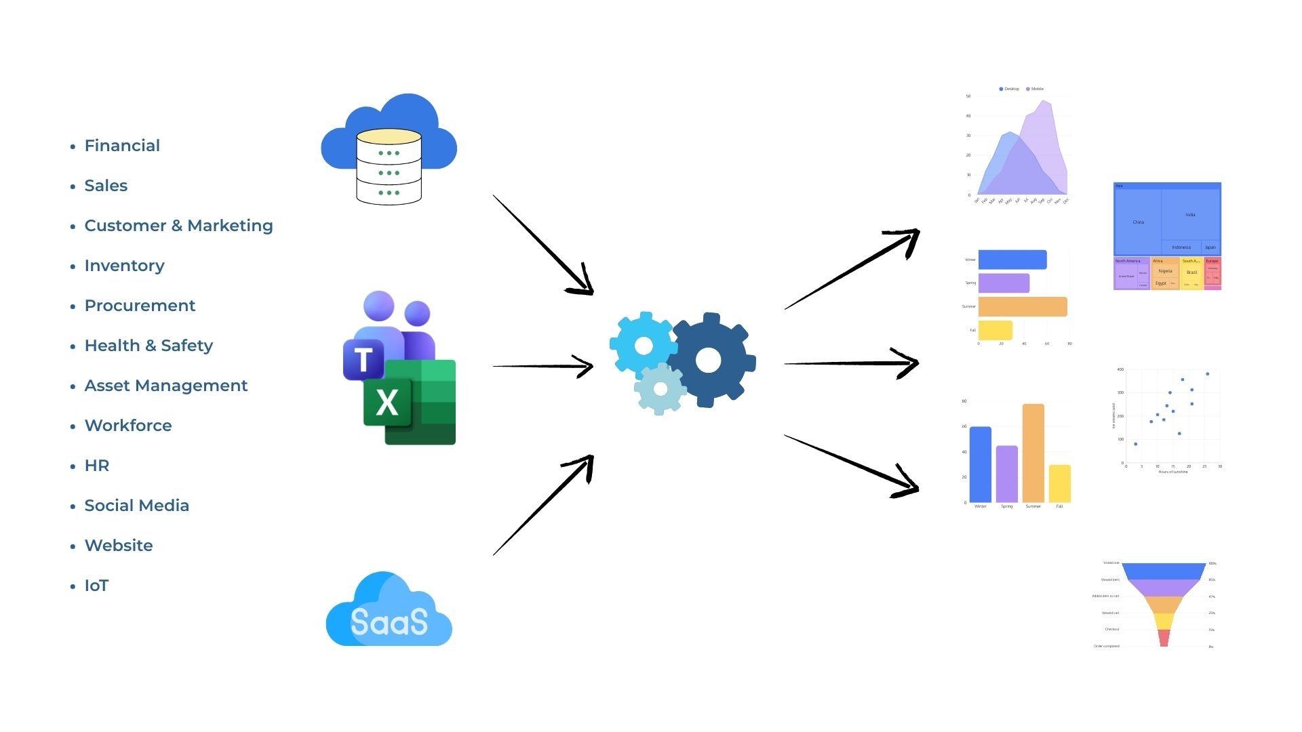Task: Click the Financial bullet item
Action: coord(122,146)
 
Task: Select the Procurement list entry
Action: coord(140,306)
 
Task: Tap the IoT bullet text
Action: coord(96,586)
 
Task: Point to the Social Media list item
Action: coord(136,506)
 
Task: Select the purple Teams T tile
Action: coord(363,359)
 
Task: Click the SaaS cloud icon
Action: coord(389,612)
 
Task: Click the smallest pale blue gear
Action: coord(660,389)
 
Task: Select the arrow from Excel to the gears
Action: coord(542,366)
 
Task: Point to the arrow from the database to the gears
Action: coord(542,245)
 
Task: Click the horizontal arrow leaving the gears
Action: coord(851,363)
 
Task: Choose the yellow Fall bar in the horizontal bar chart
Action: coord(995,330)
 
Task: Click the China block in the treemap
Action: coord(1138,221)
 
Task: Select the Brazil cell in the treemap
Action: coord(1191,272)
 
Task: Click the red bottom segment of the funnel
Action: coord(1164,638)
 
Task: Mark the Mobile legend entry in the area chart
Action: coord(1035,89)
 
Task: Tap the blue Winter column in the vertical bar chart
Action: coord(980,464)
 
